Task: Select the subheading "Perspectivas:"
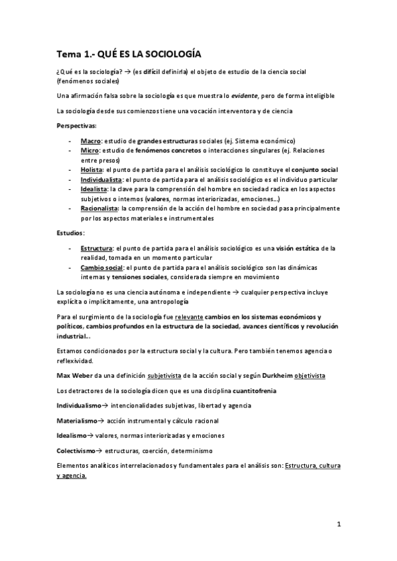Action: (x=76, y=126)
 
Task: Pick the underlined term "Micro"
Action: (x=89, y=151)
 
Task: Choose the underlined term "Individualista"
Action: (x=101, y=179)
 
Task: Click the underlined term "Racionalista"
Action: (x=99, y=208)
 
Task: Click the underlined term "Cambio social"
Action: (x=101, y=267)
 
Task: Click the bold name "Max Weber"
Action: (x=76, y=376)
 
